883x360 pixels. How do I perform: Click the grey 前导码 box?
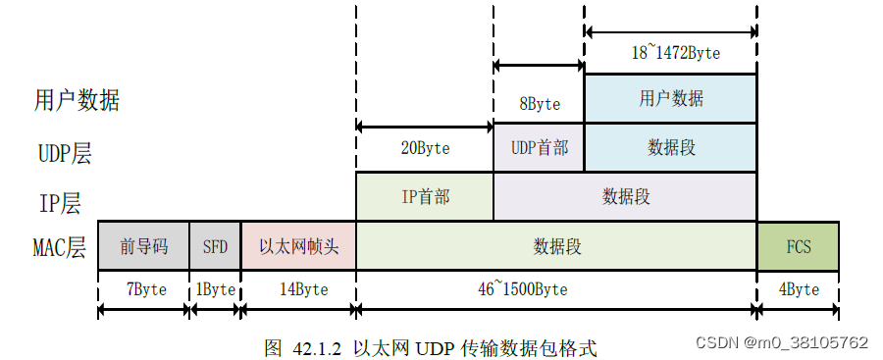point(143,246)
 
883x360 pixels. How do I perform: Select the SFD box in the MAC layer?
point(215,246)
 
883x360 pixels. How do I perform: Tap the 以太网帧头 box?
point(298,246)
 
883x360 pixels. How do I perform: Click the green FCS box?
point(799,246)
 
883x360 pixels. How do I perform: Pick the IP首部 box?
point(425,196)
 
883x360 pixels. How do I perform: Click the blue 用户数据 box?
point(671,98)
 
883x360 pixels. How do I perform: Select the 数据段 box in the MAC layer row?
point(556,246)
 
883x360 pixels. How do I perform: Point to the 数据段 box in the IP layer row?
point(625,196)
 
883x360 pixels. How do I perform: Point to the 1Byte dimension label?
point(215,290)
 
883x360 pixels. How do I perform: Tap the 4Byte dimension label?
point(799,290)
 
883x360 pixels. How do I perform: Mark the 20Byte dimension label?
point(425,149)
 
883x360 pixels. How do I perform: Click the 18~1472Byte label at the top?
point(675,53)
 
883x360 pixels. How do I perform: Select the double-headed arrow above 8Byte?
point(539,66)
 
